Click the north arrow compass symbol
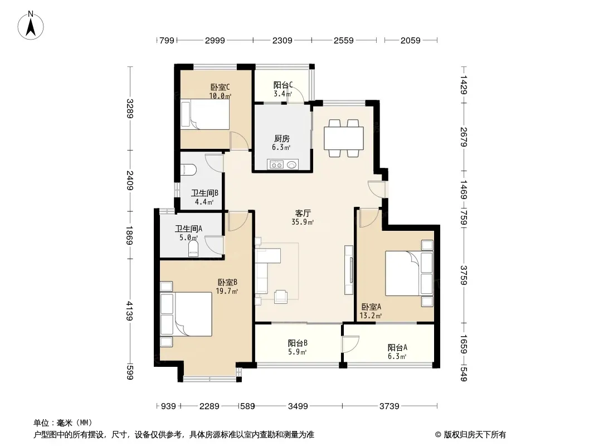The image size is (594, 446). click(x=31, y=25)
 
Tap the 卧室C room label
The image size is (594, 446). click(x=220, y=87)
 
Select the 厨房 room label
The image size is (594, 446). click(x=282, y=139)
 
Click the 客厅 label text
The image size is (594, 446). click(x=303, y=214)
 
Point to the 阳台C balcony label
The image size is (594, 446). click(x=283, y=85)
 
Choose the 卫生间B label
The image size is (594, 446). click(x=205, y=193)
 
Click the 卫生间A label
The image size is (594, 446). click(x=188, y=229)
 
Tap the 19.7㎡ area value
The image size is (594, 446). click(x=227, y=292)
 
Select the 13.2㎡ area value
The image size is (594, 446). click(x=371, y=316)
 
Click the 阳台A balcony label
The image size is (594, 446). click(x=397, y=347)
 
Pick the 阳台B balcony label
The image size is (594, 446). click(x=298, y=343)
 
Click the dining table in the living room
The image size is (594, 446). click(x=344, y=138)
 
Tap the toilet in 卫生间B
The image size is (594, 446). click(x=188, y=170)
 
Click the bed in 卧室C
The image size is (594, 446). click(x=205, y=114)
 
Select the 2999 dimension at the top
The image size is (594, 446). click(x=215, y=40)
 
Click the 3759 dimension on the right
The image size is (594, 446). click(x=464, y=275)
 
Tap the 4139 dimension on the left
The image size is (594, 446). click(x=130, y=311)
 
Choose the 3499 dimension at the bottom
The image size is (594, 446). click(x=298, y=406)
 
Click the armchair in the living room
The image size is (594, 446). click(x=281, y=297)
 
